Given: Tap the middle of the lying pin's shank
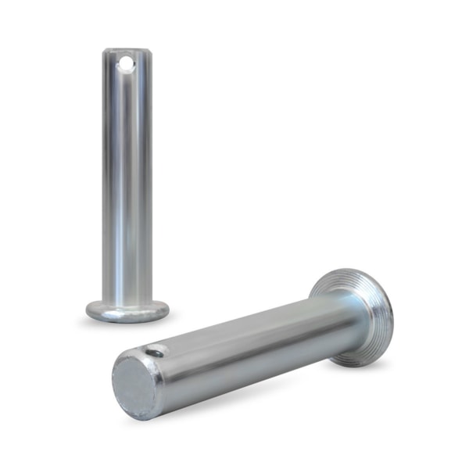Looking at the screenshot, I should point(250,344).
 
